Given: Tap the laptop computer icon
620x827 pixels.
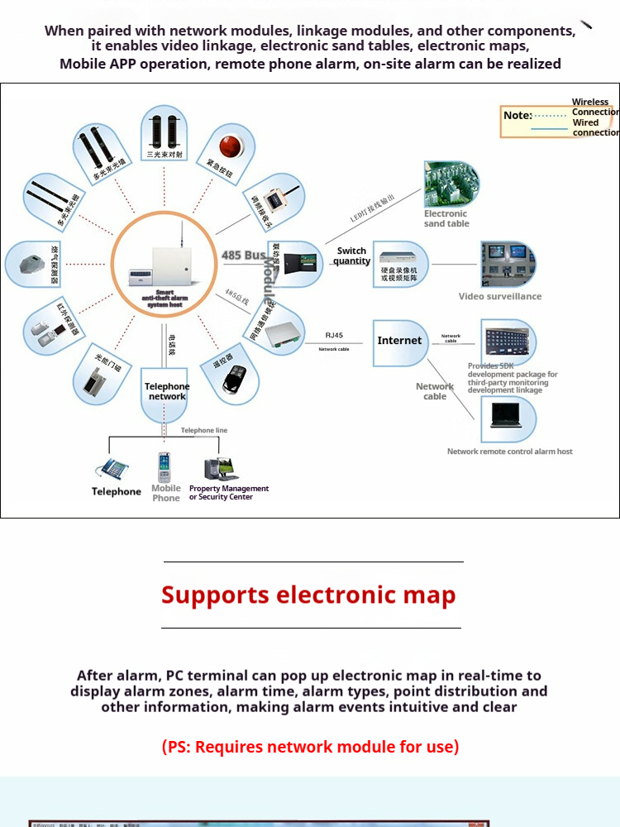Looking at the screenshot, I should pyautogui.click(x=508, y=414).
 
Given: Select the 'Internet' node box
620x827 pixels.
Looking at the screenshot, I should pyautogui.click(x=399, y=341).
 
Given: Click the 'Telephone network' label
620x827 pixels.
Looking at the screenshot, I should pyautogui.click(x=167, y=391).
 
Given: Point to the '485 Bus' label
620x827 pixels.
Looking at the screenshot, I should pyautogui.click(x=243, y=256).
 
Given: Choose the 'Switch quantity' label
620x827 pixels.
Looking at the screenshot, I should pyautogui.click(x=351, y=256).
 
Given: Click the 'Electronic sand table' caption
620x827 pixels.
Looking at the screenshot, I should pyautogui.click(x=446, y=218).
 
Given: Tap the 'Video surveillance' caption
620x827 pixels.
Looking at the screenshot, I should pyautogui.click(x=500, y=296).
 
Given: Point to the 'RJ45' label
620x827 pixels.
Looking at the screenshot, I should pyautogui.click(x=334, y=336).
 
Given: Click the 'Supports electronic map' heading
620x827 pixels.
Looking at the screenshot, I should pyautogui.click(x=308, y=595).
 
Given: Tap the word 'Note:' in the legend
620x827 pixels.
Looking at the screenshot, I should pyautogui.click(x=517, y=115).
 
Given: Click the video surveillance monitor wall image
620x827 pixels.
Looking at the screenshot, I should pyautogui.click(x=507, y=263).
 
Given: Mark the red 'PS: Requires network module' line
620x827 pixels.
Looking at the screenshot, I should pyautogui.click(x=310, y=747).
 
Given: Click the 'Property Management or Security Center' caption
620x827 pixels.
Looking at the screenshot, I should pyautogui.click(x=229, y=493).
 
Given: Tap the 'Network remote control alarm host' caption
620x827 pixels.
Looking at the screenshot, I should pyautogui.click(x=509, y=452).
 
